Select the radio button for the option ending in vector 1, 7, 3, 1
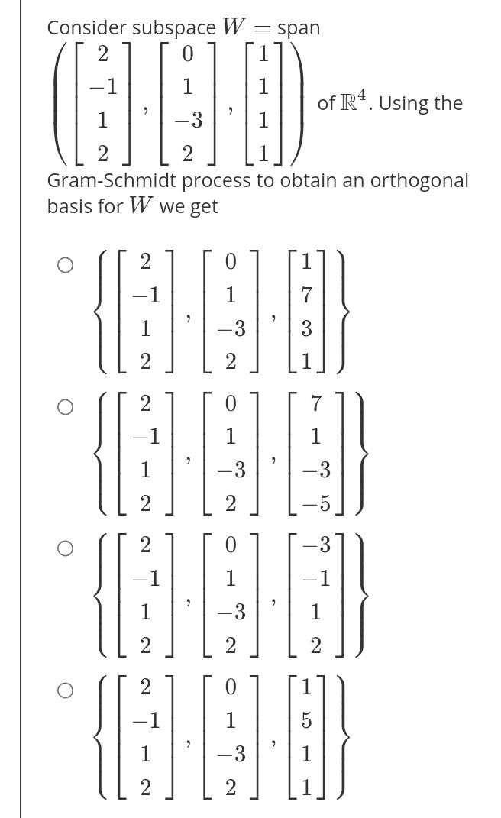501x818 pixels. coord(66,265)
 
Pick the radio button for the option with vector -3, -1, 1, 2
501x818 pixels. coord(66,548)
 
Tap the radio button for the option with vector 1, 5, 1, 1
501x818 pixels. coord(66,690)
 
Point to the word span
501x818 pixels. coord(299,28)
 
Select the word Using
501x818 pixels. coord(405,103)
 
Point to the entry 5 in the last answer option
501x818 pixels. coord(306,721)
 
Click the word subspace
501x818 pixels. coord(174,28)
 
